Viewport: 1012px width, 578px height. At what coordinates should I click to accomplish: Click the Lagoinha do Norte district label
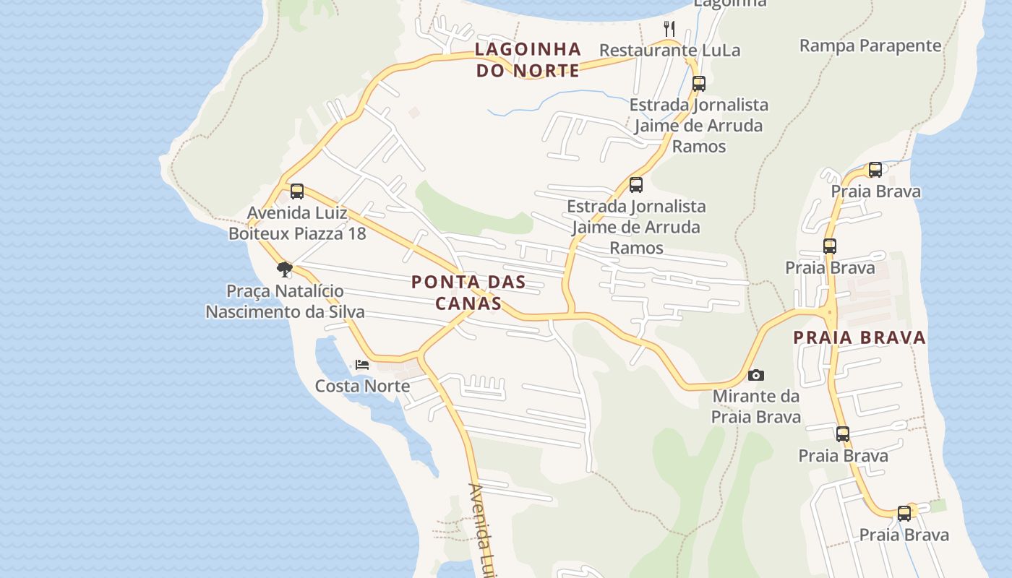click(528, 59)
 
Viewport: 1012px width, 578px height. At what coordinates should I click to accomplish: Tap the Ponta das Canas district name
click(468, 292)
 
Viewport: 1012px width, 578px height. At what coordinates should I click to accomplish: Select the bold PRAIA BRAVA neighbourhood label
click(859, 337)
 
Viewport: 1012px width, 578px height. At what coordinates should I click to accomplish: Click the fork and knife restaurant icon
click(669, 29)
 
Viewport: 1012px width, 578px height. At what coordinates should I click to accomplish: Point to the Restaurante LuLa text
click(669, 51)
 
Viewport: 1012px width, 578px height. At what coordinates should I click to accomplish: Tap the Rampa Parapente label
click(870, 46)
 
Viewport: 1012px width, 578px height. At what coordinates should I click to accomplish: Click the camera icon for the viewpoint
click(756, 375)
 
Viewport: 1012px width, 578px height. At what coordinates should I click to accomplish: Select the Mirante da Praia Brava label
click(756, 406)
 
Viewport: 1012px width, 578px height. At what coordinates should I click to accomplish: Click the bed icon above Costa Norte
click(362, 365)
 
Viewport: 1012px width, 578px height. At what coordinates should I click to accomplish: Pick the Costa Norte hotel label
click(362, 386)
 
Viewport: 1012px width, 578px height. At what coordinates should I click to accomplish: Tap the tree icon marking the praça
click(285, 269)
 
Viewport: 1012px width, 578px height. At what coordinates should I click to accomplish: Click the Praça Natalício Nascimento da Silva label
click(285, 301)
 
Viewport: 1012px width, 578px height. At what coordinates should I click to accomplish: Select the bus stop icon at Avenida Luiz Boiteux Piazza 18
click(297, 191)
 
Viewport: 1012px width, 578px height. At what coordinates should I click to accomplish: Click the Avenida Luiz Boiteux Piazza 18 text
click(297, 223)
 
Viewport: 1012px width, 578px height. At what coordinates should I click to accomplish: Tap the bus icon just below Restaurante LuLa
click(698, 83)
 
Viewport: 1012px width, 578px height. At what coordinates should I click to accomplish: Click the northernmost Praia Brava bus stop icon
click(875, 170)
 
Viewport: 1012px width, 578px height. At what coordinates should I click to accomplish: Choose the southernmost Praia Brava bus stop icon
click(904, 514)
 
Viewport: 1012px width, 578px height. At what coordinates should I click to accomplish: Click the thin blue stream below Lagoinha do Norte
click(549, 98)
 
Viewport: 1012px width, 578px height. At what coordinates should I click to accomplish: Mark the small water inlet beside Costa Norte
click(340, 354)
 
